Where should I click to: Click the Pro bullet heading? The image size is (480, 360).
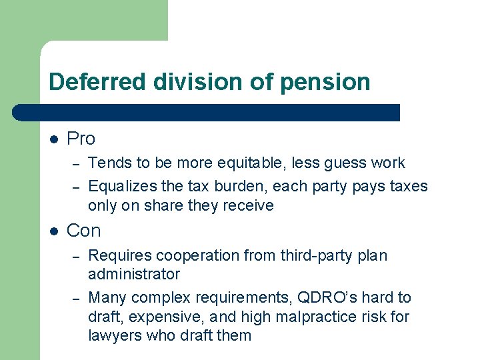pyautogui.click(x=81, y=139)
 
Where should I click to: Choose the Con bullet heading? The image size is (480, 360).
pyautogui.click(x=84, y=231)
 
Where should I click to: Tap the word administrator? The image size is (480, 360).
pyautogui.click(x=134, y=274)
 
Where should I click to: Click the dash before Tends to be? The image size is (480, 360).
pyautogui.click(x=77, y=164)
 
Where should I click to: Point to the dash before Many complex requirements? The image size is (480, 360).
pyautogui.click(x=77, y=299)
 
